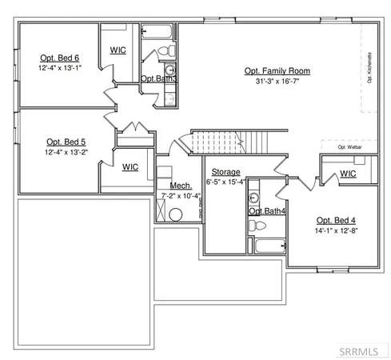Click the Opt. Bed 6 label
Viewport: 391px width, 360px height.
60,58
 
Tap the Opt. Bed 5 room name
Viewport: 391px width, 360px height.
60,141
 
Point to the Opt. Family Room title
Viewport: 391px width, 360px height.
277,71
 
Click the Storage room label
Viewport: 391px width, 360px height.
225,172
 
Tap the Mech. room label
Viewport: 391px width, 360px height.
179,186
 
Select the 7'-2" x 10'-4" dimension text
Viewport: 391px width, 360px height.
180,194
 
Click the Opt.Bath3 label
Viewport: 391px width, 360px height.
158,78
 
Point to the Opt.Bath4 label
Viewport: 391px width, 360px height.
266,211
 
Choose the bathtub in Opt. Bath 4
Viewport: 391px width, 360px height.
266,245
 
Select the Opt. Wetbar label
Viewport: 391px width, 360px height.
348,147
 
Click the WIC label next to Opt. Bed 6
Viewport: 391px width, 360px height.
118,50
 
